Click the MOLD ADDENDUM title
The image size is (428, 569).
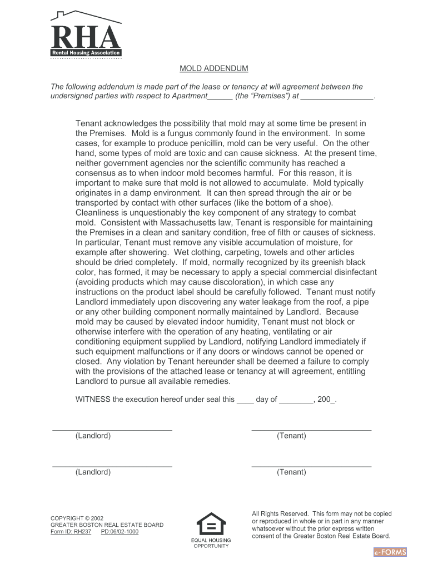pos(213,68)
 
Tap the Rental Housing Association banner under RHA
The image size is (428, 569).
pos(86,53)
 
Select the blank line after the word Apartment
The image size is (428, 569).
pos(220,97)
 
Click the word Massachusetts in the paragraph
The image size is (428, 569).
pos(187,222)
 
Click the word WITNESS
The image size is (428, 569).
pos(93,399)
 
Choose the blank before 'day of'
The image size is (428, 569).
pos(245,400)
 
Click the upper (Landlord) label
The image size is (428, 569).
pos(93,436)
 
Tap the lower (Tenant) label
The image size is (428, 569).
pos(291,472)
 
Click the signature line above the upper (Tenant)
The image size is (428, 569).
pos(311,430)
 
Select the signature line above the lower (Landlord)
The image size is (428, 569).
pos(112,466)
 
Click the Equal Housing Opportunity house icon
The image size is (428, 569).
pos(211,523)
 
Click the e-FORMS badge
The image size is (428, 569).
pos(390,552)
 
